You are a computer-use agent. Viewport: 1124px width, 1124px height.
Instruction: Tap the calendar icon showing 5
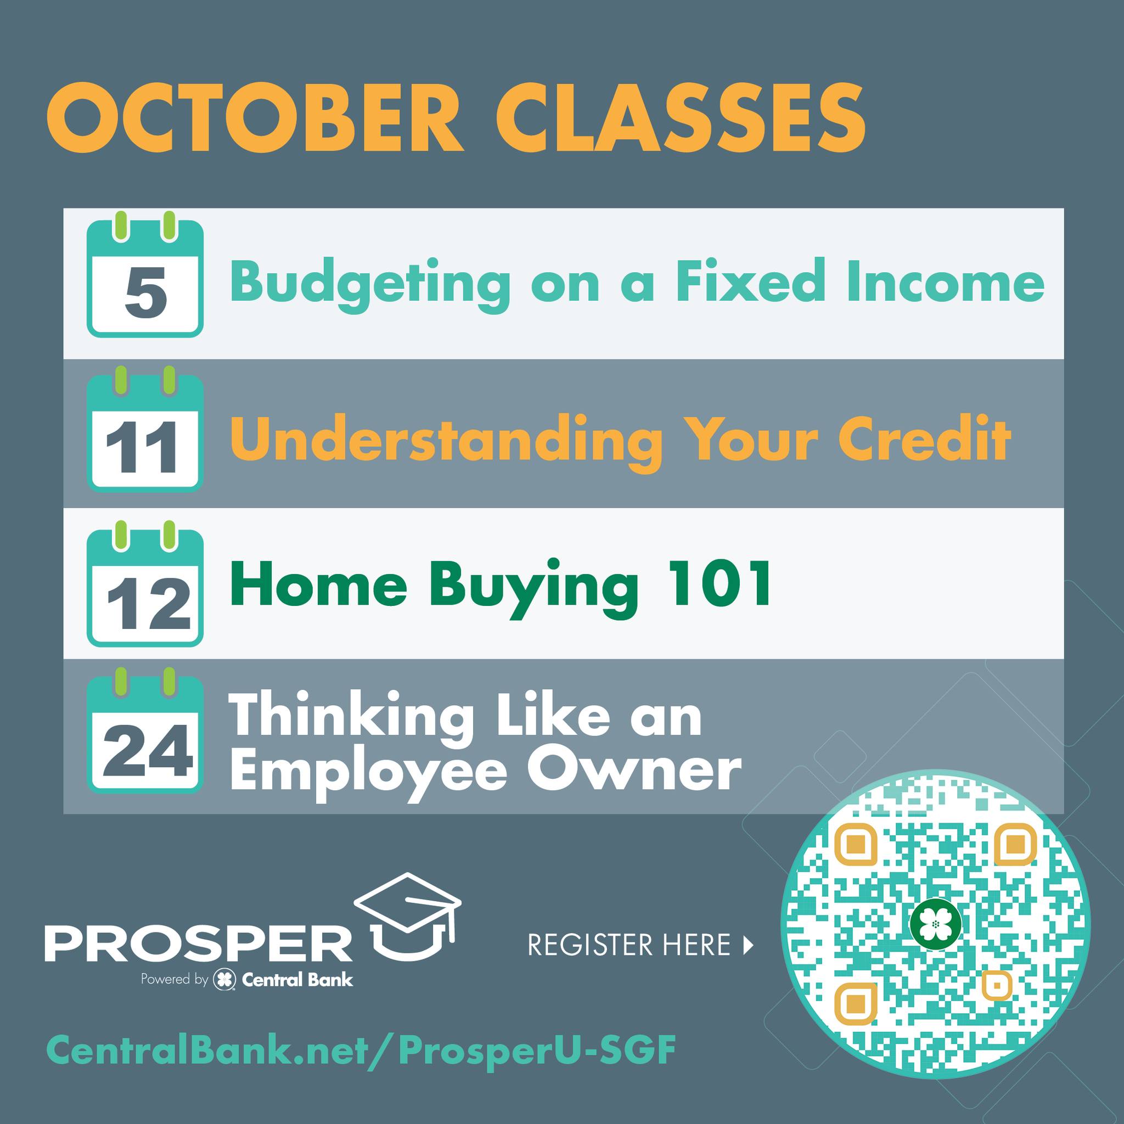[x=145, y=273]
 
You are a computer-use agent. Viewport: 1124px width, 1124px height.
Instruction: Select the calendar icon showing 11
[x=145, y=429]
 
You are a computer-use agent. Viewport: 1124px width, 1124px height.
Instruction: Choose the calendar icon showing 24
[x=145, y=730]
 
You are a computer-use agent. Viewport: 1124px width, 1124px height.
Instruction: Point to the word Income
[x=945, y=282]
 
